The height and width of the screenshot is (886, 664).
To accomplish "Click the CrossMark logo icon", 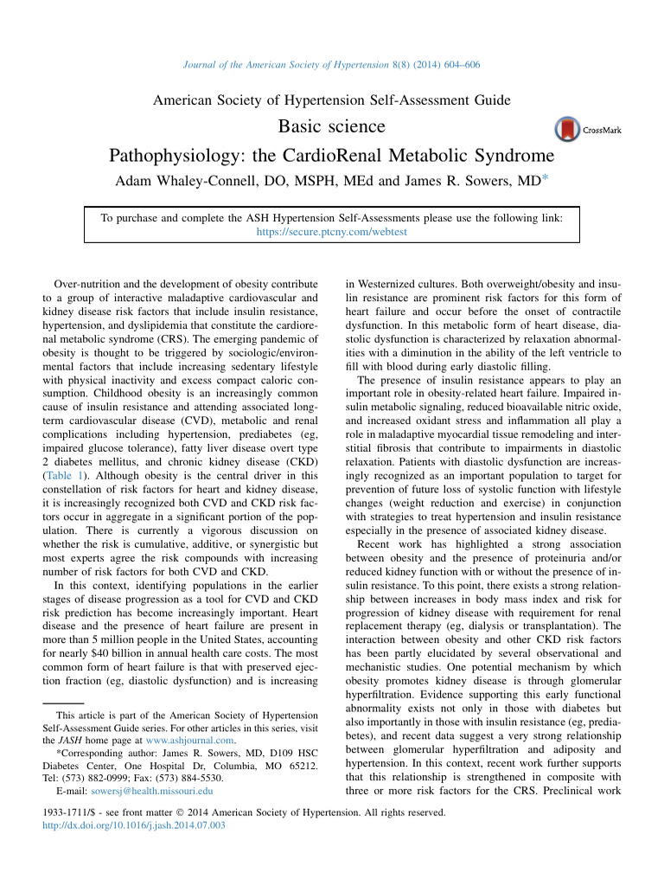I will (567, 129).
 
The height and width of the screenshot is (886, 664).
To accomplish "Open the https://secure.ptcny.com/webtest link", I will (332, 232).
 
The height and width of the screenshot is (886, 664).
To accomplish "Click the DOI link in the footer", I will (134, 825).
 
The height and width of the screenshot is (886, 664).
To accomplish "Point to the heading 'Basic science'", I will (332, 126).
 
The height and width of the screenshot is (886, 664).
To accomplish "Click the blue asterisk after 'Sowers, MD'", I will (545, 179).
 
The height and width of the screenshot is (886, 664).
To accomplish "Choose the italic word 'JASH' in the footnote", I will (76, 741).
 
